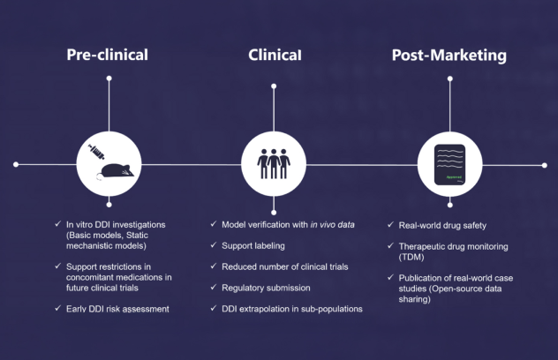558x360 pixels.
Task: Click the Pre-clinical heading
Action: [x=108, y=55]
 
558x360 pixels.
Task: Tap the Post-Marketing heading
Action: [x=449, y=55]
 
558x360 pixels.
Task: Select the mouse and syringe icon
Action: [x=109, y=164]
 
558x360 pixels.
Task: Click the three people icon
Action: [x=273, y=164]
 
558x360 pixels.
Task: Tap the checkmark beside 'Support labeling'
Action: [x=215, y=245]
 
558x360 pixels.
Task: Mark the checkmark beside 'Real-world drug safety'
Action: [x=391, y=225]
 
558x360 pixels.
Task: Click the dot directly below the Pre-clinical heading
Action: [x=109, y=79]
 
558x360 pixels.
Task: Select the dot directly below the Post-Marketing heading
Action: [x=449, y=79]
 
